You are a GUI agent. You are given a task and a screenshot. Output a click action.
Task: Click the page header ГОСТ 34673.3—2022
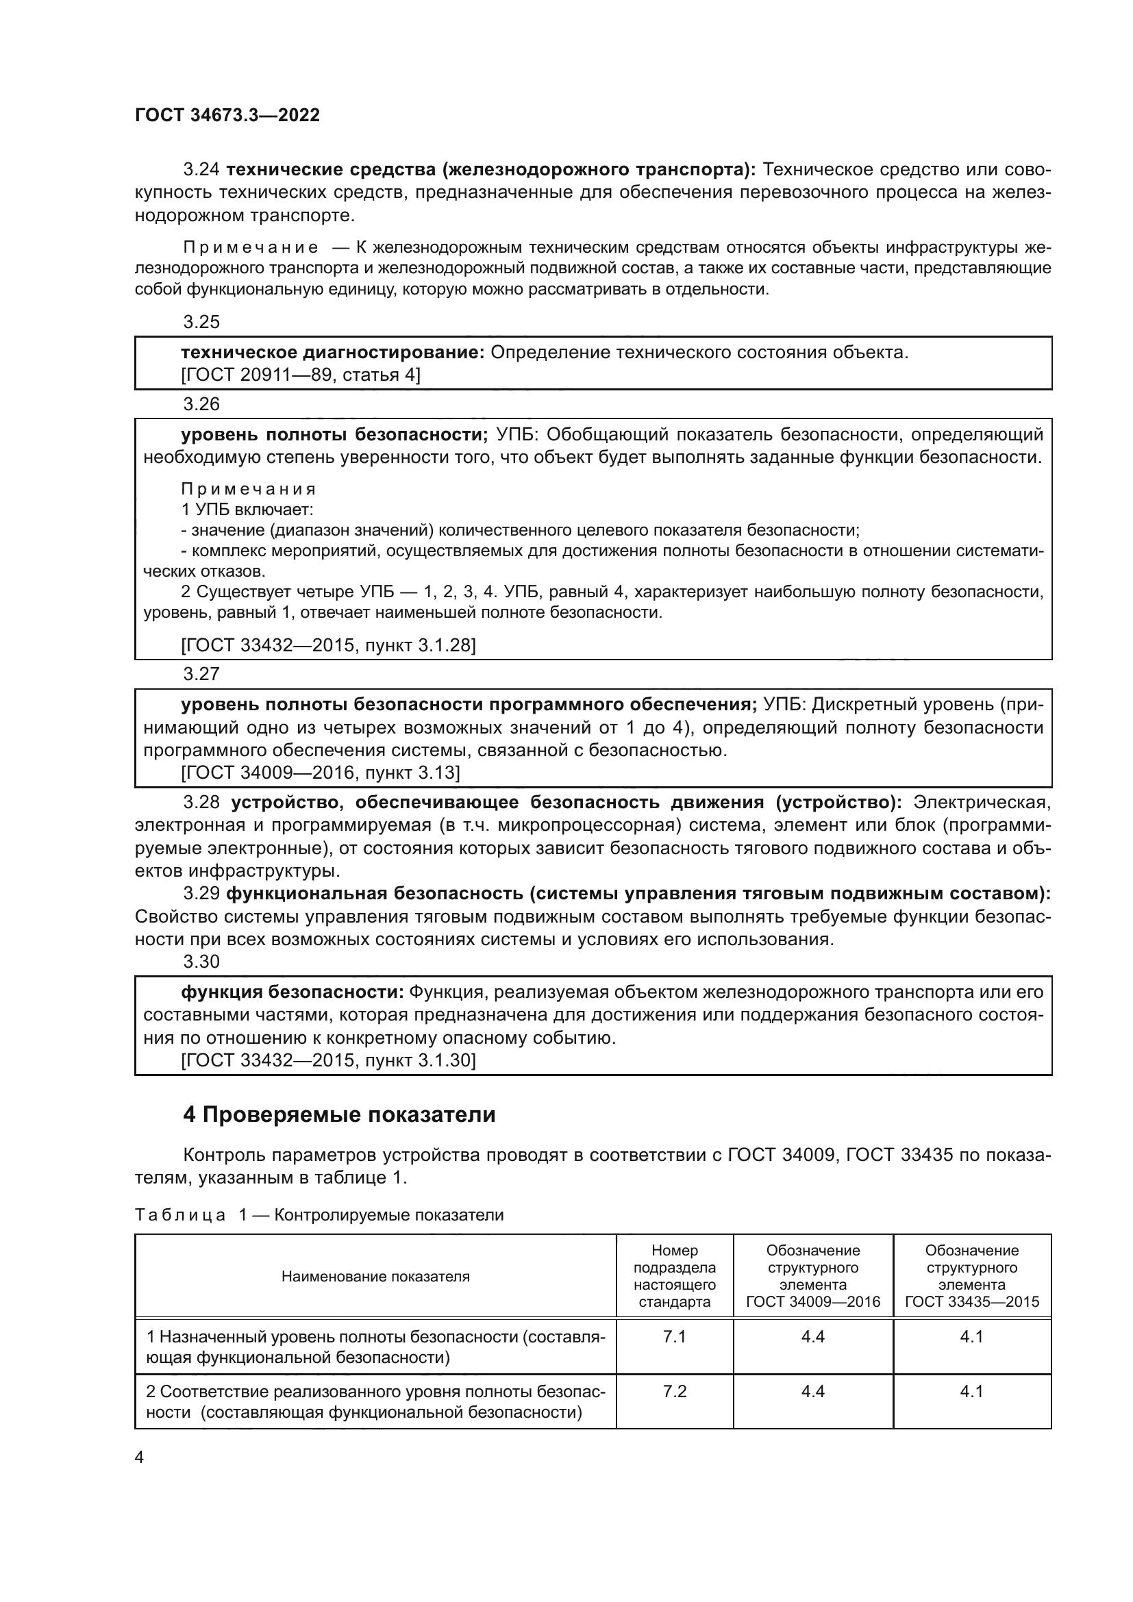tap(227, 115)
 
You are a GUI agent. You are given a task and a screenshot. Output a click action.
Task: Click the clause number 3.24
tap(201, 170)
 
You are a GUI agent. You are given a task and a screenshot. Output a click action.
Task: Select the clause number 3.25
tap(201, 322)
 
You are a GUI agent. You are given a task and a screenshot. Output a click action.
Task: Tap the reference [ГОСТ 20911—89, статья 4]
tap(301, 375)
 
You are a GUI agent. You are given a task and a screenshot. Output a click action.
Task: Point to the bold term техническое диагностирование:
tap(333, 352)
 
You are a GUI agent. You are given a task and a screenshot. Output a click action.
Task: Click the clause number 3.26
tap(201, 404)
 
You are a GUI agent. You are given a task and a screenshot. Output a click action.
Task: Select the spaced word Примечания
tap(249, 489)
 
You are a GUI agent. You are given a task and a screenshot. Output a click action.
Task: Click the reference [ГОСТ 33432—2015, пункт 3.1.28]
tap(328, 645)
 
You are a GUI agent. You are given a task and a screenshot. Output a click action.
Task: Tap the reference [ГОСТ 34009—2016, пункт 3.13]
tap(320, 773)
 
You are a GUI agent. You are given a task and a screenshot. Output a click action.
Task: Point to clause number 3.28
tap(201, 803)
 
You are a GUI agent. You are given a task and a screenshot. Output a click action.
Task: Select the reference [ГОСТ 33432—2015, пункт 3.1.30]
tap(328, 1060)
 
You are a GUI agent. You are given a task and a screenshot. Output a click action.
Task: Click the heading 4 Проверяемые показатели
tap(339, 1115)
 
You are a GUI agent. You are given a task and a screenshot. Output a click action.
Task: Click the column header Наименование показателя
tap(375, 1276)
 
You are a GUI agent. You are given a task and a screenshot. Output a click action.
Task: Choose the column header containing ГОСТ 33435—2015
tap(972, 1276)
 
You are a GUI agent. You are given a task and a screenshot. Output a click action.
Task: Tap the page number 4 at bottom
tap(139, 1457)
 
